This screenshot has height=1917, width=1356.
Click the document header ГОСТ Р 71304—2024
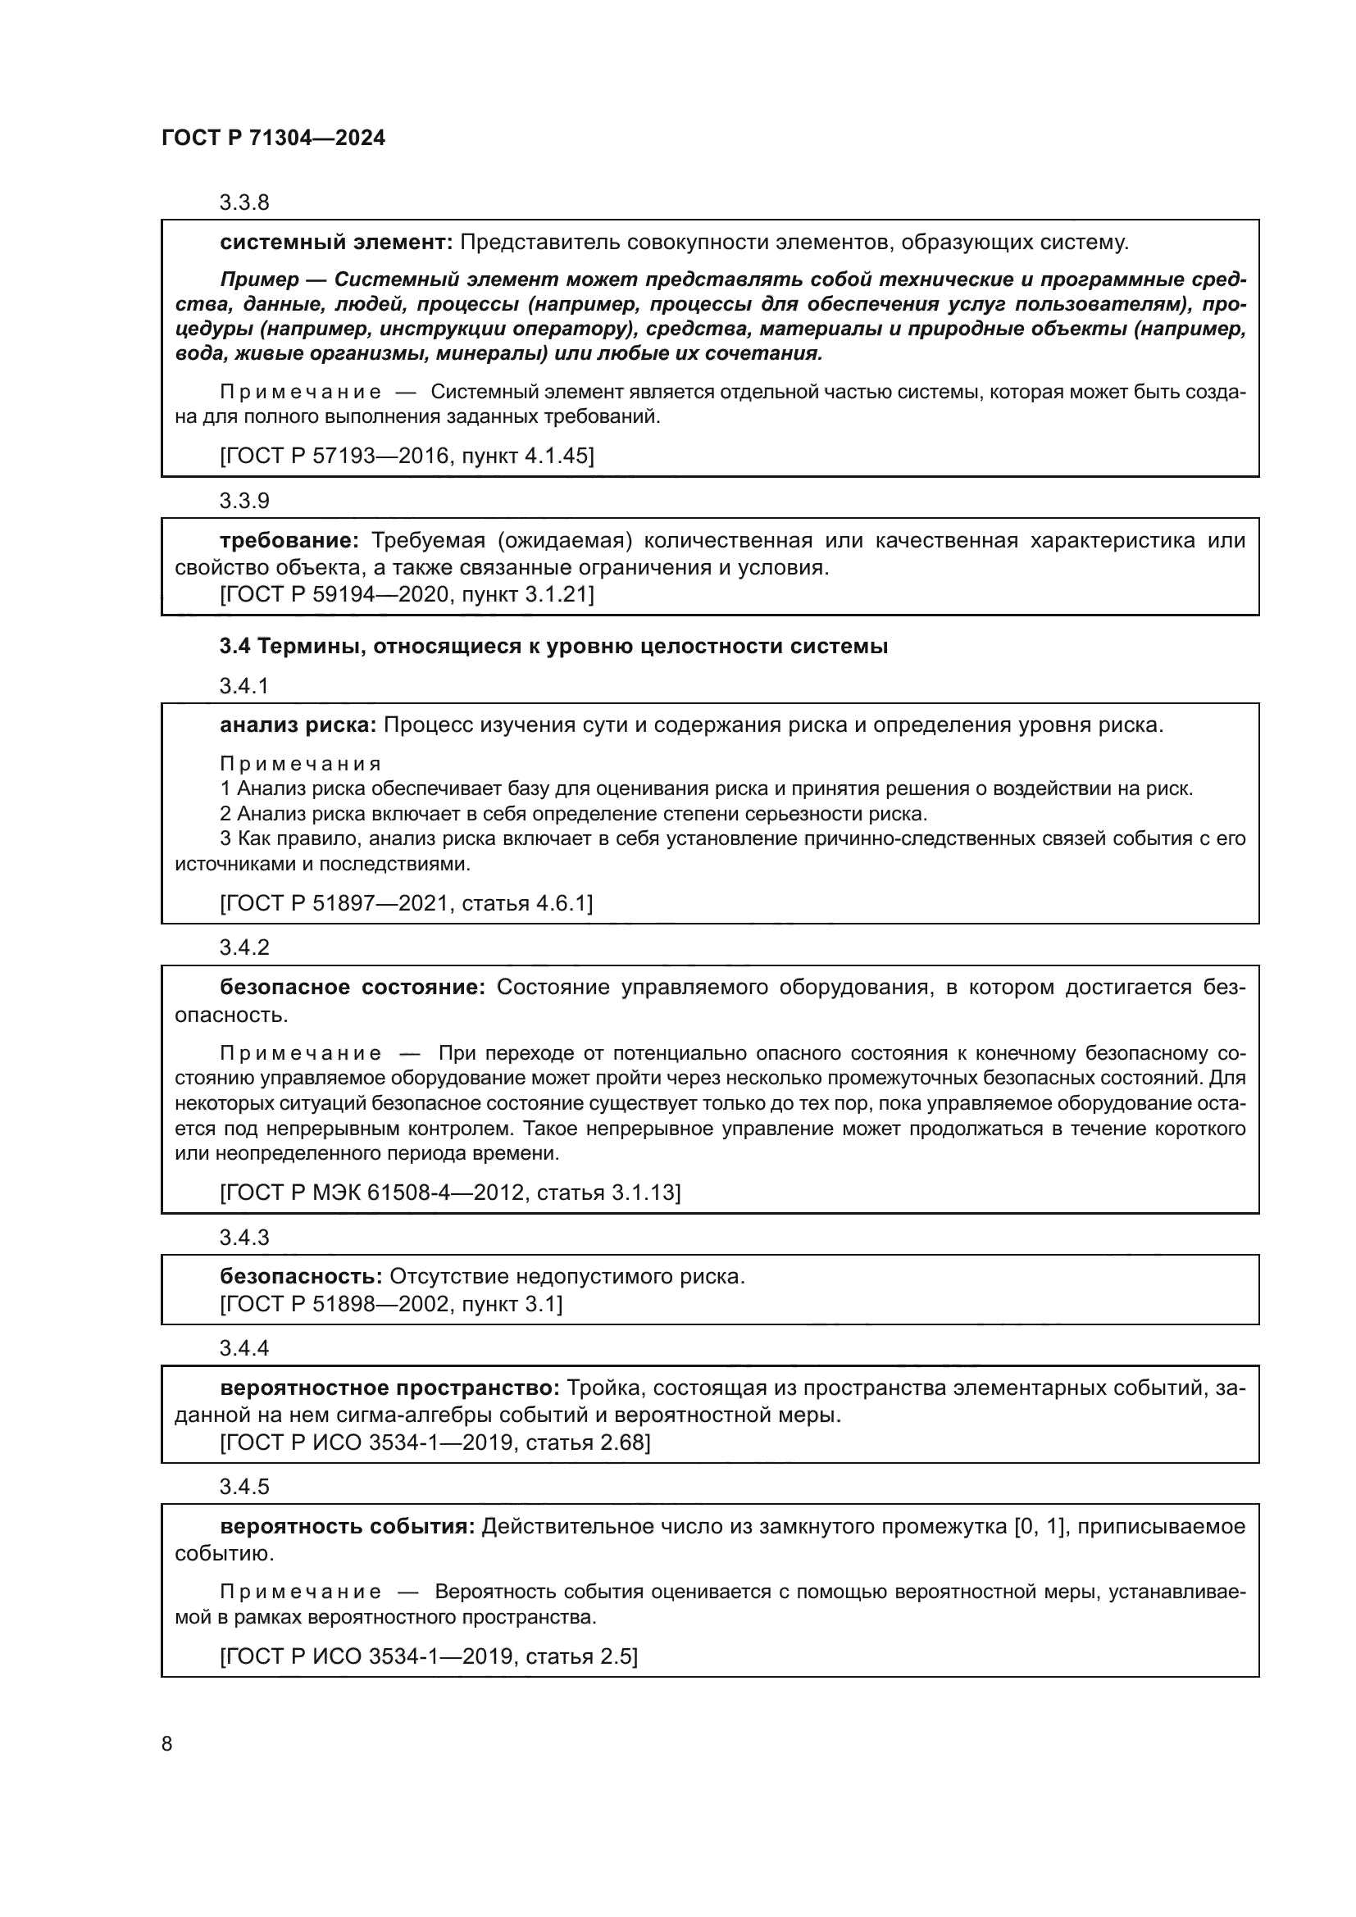(x=273, y=139)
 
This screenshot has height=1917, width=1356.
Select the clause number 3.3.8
(x=243, y=203)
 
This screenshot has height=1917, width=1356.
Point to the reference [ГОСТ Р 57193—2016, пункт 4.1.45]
(x=407, y=456)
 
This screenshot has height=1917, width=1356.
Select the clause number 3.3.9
(x=243, y=501)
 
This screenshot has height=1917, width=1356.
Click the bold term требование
(x=289, y=541)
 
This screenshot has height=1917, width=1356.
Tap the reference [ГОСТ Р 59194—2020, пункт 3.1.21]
(x=407, y=594)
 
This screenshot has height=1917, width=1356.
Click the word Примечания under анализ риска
(x=301, y=764)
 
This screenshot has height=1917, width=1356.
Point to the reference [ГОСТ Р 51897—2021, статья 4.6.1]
(x=406, y=903)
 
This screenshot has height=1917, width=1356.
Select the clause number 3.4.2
(x=243, y=947)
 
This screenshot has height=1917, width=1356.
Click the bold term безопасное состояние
(x=352, y=988)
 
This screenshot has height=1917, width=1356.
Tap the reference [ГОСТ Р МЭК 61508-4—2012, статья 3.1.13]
(x=450, y=1193)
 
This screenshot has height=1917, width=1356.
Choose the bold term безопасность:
(x=301, y=1277)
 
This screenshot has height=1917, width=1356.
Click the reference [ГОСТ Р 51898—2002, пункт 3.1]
(x=391, y=1304)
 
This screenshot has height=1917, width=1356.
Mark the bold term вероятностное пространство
(x=389, y=1388)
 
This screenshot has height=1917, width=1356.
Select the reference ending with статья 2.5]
(x=428, y=1656)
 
